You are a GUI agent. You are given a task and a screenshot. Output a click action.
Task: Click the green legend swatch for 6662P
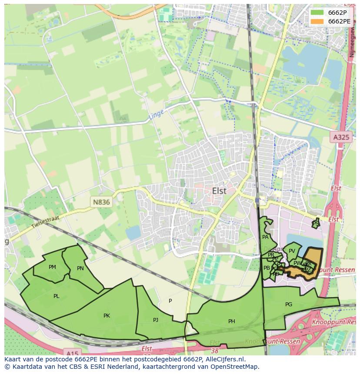(317, 12)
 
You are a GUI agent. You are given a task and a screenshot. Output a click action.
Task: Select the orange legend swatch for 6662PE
(317, 21)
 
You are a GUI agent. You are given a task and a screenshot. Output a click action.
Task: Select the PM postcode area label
(52, 267)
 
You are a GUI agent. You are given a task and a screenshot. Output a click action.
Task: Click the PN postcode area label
(80, 268)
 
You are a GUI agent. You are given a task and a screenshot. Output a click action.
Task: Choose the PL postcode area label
(57, 296)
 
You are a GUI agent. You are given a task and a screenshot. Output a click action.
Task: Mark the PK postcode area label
(107, 316)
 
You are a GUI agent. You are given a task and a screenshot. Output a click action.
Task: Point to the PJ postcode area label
(156, 320)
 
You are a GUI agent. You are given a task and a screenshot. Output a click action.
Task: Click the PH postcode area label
(231, 321)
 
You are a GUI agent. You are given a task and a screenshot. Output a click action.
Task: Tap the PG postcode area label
(289, 304)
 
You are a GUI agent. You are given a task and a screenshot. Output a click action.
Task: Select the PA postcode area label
(265, 237)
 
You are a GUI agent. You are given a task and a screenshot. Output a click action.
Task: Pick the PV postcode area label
(292, 251)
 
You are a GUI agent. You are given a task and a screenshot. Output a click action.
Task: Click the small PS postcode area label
(316, 223)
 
